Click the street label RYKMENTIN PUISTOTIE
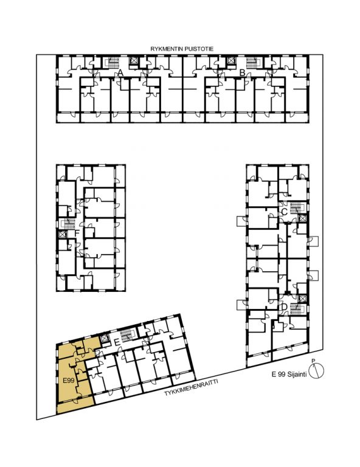[182, 49]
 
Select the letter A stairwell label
[120, 72]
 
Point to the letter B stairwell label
[243, 72]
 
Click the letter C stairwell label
[285, 212]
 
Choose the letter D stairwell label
[284, 306]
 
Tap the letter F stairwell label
[77, 233]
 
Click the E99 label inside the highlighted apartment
[69, 380]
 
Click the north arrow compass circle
[316, 371]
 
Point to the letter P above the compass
[313, 361]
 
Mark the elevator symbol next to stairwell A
[133, 61]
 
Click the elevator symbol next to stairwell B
[230, 61]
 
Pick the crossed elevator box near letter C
[302, 218]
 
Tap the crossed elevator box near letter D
[302, 298]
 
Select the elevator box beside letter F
[63, 234]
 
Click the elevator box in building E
[105, 339]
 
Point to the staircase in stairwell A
[113, 63]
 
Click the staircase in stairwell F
[69, 224]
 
